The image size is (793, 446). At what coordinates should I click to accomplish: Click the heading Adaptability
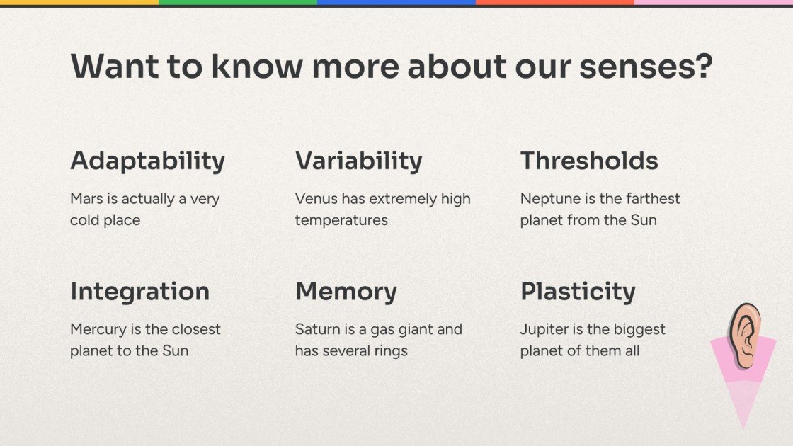[147, 161]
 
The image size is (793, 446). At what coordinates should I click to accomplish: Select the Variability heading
[358, 161]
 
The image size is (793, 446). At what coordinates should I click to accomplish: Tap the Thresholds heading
[589, 161]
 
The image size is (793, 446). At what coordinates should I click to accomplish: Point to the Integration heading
[139, 292]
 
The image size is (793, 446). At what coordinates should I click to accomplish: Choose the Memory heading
[346, 292]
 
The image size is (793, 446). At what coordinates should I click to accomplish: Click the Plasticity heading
[578, 292]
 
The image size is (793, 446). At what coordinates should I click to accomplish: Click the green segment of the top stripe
[238, 3]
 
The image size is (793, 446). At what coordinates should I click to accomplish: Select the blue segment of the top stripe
[396, 3]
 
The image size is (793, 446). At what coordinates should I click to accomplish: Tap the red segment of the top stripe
[555, 3]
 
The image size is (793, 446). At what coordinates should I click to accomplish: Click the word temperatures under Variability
[341, 220]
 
